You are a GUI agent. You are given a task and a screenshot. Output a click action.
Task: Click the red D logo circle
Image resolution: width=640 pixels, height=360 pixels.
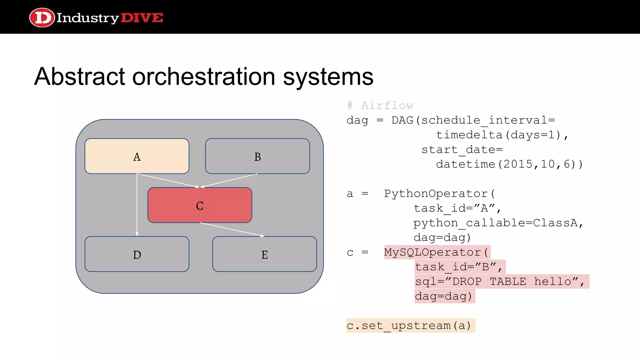click(x=42, y=17)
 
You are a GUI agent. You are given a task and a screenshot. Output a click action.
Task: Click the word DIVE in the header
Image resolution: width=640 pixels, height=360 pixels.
click(x=142, y=18)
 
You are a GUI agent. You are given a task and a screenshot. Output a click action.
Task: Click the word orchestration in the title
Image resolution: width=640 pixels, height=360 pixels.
click(x=203, y=77)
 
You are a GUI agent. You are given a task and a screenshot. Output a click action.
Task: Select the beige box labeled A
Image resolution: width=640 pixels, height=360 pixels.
click(x=137, y=156)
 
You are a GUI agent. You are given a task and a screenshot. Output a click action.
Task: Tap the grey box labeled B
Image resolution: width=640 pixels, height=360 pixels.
click(x=257, y=156)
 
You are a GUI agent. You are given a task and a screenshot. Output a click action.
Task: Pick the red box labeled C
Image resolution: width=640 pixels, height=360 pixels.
click(x=200, y=205)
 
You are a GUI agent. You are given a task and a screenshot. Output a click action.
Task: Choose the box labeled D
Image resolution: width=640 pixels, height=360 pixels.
click(x=137, y=254)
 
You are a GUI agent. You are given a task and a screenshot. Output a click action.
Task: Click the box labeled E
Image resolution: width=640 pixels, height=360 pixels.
click(x=264, y=254)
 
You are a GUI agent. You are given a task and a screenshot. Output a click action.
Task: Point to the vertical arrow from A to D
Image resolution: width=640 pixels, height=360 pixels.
click(x=137, y=206)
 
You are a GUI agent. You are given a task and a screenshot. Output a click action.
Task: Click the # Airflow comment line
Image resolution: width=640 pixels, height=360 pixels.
click(x=380, y=106)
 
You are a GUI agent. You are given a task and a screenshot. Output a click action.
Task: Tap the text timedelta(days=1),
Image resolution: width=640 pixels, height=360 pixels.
click(x=502, y=135)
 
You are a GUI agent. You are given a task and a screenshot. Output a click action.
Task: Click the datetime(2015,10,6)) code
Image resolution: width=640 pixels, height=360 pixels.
click(x=509, y=164)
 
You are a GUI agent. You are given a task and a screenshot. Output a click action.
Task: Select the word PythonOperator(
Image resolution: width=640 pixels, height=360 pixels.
click(x=439, y=194)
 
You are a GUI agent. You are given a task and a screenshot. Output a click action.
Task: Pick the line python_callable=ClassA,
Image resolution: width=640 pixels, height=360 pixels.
click(x=498, y=223)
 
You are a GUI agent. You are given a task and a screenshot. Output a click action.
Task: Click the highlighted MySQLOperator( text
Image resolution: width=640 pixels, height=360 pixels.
click(x=437, y=252)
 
